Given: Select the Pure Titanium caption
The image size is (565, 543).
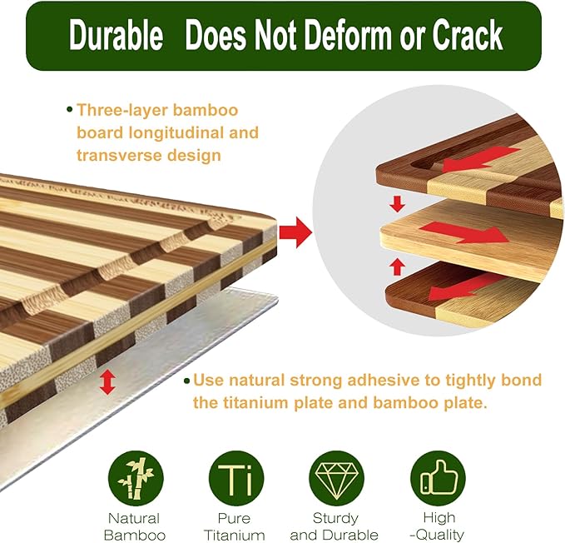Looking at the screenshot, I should [x=235, y=526].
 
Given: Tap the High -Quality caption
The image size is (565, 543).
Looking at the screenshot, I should [x=437, y=526].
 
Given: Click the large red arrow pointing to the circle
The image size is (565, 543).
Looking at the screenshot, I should [x=295, y=231].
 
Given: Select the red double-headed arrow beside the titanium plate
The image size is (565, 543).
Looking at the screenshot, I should [x=107, y=381].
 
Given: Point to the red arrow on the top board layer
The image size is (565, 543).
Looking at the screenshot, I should [x=466, y=162].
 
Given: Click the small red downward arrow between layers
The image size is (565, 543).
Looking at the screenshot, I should [x=398, y=202].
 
